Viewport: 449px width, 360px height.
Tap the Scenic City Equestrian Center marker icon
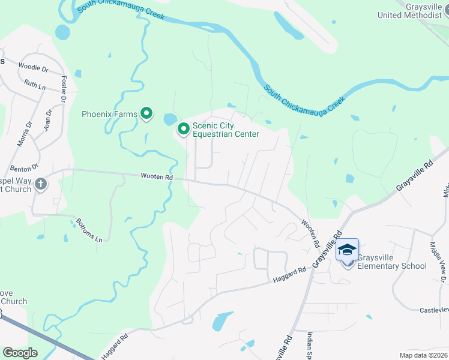pyautogui.click(x=184, y=128)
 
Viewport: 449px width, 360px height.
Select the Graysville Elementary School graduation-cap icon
pyautogui.click(x=347, y=250)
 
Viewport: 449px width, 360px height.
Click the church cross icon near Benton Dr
pyautogui.click(x=40, y=184)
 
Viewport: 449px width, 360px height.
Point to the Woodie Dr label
pyautogui.click(x=33, y=68)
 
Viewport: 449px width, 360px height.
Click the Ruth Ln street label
pyautogui.click(x=35, y=86)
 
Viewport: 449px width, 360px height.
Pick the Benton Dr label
pyautogui.click(x=24, y=167)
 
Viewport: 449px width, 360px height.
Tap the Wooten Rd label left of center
pyautogui.click(x=157, y=177)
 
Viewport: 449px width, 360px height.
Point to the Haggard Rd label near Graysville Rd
pyautogui.click(x=289, y=274)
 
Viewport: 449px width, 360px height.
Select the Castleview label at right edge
pyautogui.click(x=433, y=309)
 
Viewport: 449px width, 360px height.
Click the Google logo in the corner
pyautogui.click(x=20, y=353)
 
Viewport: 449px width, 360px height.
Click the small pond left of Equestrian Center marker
pyautogui.click(x=170, y=118)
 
